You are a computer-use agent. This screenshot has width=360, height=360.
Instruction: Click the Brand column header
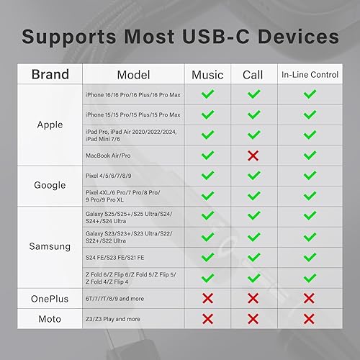(50, 74)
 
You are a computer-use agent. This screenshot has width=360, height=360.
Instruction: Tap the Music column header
(207, 74)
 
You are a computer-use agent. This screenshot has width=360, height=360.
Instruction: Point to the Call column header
(253, 74)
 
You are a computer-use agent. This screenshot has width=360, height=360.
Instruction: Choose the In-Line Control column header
(310, 74)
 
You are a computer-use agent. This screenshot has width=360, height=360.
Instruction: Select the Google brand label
(50, 185)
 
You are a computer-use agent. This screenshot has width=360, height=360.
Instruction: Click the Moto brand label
(50, 318)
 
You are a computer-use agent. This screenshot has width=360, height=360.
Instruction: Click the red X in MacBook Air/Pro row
(253, 155)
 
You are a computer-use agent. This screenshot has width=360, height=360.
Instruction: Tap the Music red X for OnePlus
(207, 298)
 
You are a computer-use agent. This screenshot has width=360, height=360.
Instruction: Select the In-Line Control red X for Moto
(310, 318)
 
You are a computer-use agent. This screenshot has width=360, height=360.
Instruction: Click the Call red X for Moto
(253, 318)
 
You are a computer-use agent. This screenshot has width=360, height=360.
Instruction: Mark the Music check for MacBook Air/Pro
(207, 155)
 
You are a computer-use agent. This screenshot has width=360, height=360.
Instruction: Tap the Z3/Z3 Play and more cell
(115, 318)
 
